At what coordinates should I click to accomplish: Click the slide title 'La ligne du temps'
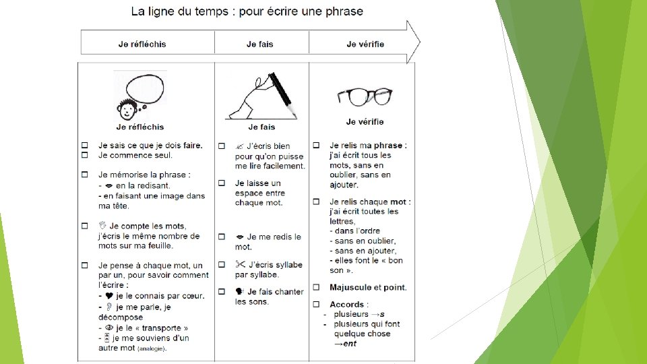[x=179, y=11]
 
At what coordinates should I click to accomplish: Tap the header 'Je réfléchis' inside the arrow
[x=142, y=44]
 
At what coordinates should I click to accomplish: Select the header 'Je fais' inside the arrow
[x=260, y=44]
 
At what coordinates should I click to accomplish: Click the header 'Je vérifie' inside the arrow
[x=365, y=44]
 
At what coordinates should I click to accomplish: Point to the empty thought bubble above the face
[x=145, y=89]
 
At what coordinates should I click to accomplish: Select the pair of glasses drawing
[x=365, y=97]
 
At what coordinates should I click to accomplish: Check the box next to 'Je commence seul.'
[x=85, y=155]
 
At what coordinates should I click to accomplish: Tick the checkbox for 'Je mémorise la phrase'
[x=85, y=175]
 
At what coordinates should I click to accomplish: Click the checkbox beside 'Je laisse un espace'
[x=222, y=183]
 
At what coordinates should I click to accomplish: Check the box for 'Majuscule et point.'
[x=316, y=287]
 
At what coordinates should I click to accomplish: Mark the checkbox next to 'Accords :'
[x=316, y=304]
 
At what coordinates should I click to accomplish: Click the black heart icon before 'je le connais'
[x=109, y=295]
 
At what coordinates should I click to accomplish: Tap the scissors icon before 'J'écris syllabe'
[x=240, y=264]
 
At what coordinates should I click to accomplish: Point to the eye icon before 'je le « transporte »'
[x=109, y=328]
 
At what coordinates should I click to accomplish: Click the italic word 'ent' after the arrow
[x=350, y=343]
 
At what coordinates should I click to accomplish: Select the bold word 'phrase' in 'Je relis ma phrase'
[x=388, y=146]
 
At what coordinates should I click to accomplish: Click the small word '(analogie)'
[x=152, y=348]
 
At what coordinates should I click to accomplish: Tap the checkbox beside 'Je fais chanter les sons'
[x=222, y=291]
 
